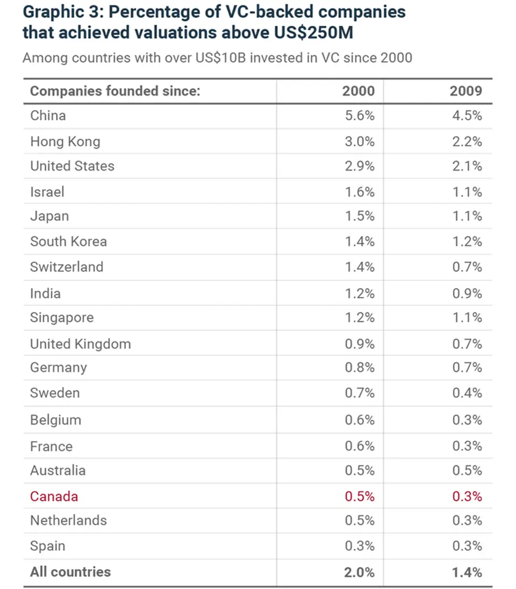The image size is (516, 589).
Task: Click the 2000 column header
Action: tap(358, 90)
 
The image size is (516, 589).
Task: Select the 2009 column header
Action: tap(465, 90)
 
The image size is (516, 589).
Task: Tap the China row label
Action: tap(48, 116)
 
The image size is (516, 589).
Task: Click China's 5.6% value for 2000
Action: tap(360, 116)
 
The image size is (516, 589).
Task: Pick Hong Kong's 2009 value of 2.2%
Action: tap(467, 141)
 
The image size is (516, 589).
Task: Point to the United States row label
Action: tap(72, 166)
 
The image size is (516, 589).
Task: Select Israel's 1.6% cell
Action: tap(360, 192)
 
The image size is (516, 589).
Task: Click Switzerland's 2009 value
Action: tap(467, 267)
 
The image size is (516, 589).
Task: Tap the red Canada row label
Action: tap(54, 496)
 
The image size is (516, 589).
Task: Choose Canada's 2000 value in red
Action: tap(360, 496)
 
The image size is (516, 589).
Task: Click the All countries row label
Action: tap(70, 571)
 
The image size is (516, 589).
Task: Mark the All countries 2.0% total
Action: tap(359, 572)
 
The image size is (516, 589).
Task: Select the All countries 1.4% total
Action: tap(467, 572)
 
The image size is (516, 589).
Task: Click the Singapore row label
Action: tap(62, 318)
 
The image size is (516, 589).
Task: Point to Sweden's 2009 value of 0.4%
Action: tap(467, 393)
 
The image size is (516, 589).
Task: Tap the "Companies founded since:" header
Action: tap(115, 90)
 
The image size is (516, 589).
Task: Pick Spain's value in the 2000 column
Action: tap(360, 545)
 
